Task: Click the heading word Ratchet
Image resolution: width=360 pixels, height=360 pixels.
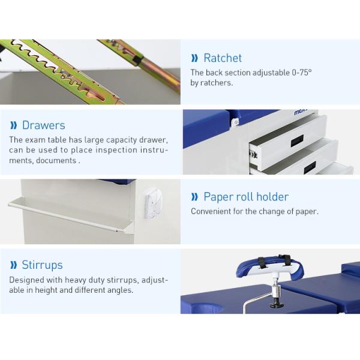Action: (223, 58)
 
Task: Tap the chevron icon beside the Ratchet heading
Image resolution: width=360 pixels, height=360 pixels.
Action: (194, 58)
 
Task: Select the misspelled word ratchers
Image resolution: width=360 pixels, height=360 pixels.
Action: (217, 83)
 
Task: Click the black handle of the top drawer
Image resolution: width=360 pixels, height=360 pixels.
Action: (297, 142)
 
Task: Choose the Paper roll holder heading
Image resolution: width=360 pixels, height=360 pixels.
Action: (246, 197)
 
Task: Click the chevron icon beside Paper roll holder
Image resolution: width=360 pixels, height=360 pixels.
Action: (194, 197)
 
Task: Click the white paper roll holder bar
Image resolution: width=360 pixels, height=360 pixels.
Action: (66, 215)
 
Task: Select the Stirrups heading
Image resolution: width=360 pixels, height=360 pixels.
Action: (42, 265)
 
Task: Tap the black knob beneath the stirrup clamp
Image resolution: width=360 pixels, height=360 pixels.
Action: (277, 304)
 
